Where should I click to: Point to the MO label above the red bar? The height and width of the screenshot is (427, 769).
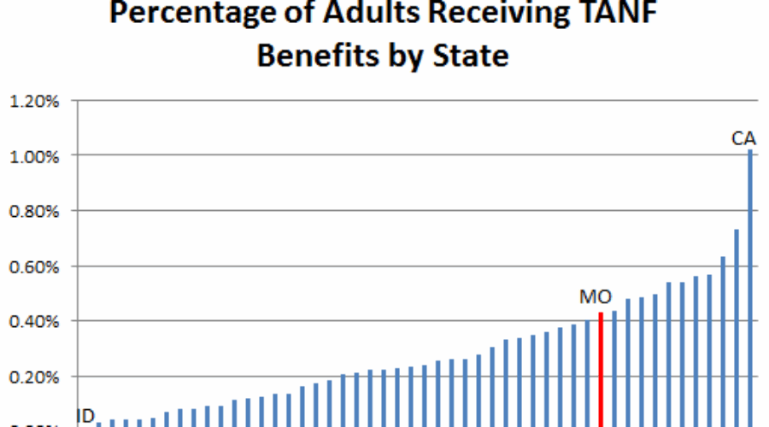coord(596,298)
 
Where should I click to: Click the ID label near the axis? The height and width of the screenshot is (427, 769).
coord(85,416)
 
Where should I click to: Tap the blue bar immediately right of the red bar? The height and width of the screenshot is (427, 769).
coord(614,368)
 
